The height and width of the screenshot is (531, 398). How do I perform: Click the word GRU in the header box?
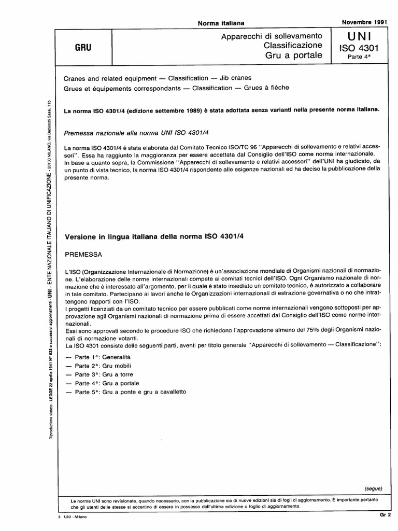(x=83, y=46)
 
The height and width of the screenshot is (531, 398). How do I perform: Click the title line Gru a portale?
(x=294, y=55)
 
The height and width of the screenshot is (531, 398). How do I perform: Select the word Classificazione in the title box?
(x=293, y=45)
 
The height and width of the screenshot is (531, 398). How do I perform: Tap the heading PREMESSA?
(x=83, y=255)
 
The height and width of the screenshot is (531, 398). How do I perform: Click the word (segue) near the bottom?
(x=373, y=488)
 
